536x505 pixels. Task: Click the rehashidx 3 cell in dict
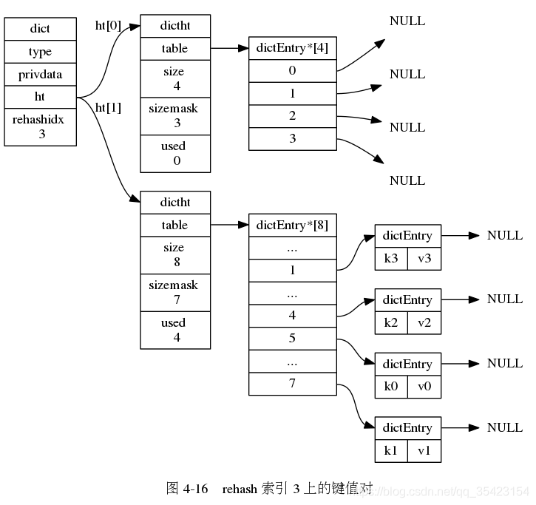40,126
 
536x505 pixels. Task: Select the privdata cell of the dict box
40,75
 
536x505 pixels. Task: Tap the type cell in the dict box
40,52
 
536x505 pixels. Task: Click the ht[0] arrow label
108,25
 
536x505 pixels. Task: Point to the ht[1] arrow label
108,107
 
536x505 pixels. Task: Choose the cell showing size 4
175,78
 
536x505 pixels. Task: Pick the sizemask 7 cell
175,291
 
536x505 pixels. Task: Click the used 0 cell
175,153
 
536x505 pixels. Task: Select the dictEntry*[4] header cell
292,49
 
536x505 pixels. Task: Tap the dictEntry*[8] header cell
292,225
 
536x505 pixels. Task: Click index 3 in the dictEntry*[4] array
292,138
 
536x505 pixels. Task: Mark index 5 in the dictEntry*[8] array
292,339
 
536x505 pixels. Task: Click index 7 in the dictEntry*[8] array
292,384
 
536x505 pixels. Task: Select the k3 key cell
390,259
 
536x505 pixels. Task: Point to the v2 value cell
424,322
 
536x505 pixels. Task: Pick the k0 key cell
390,387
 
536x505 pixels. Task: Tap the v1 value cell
424,450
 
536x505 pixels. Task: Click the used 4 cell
175,330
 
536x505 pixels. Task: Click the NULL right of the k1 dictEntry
505,427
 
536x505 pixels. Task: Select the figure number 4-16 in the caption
195,489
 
